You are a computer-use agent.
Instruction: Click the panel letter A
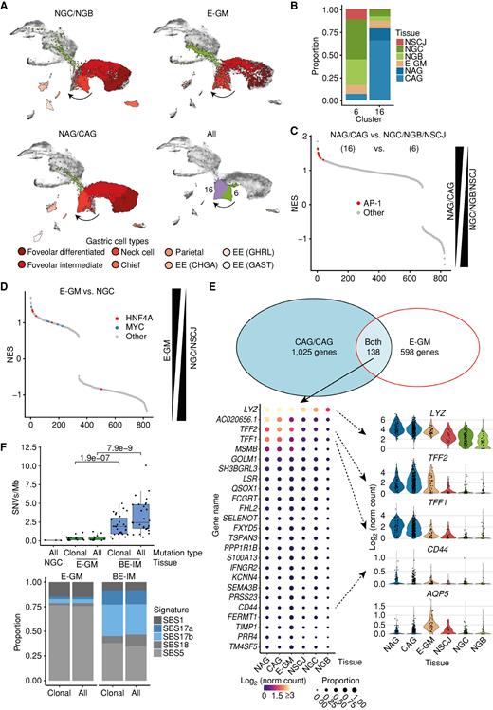(x=7, y=7)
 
